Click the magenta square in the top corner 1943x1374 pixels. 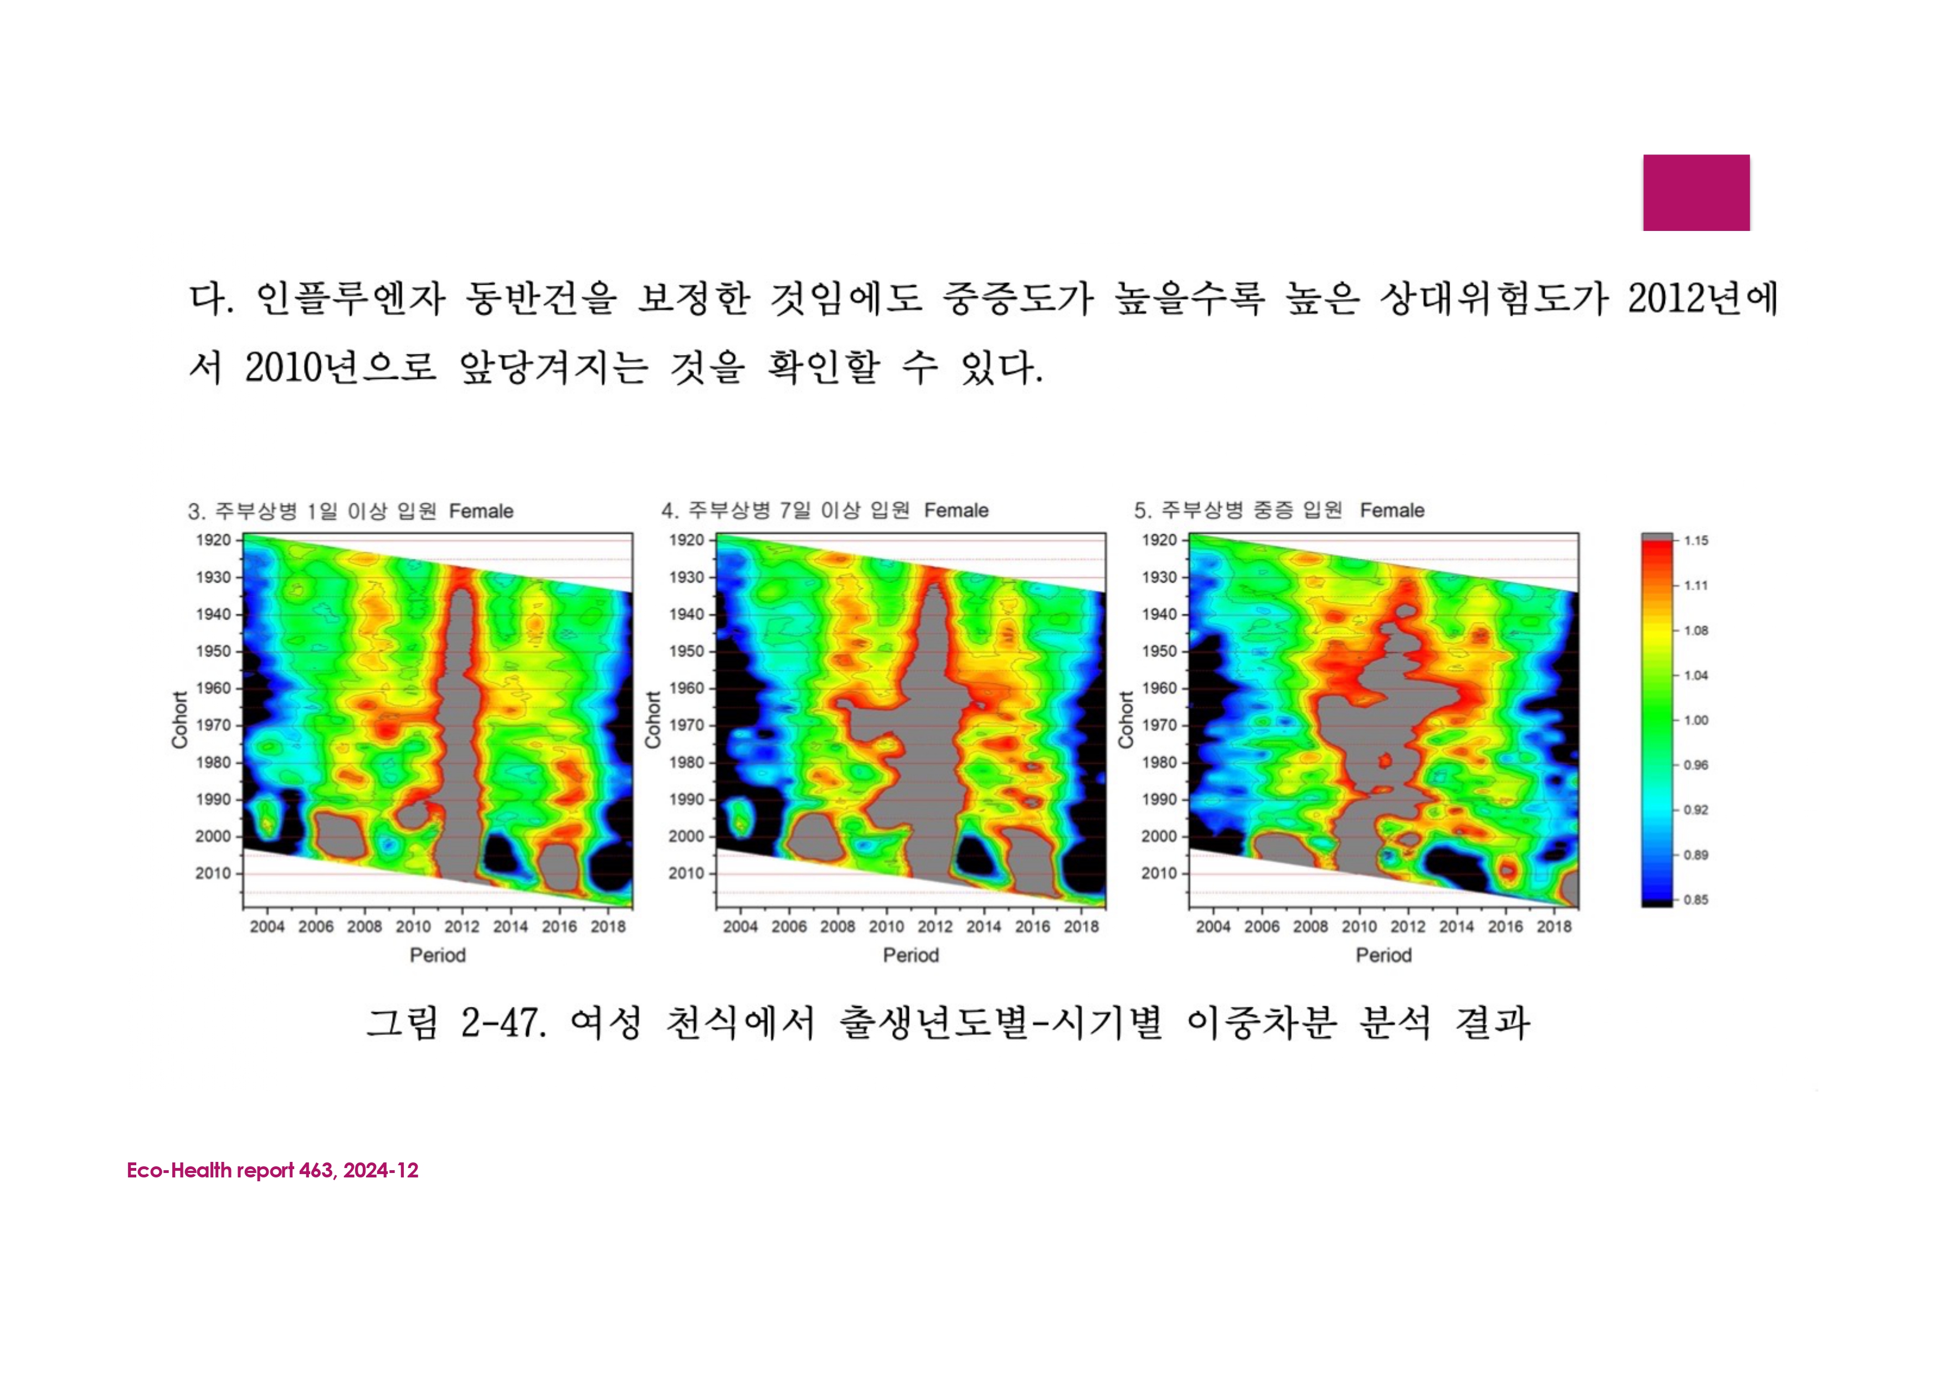click(x=1696, y=192)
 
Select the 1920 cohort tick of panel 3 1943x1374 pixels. click(x=213, y=540)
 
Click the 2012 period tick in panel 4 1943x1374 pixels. click(x=935, y=927)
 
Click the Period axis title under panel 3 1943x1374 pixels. click(x=438, y=955)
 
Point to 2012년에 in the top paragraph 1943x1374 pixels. click(x=1703, y=298)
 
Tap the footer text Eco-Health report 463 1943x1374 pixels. click(x=230, y=1170)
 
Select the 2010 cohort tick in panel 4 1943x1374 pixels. click(x=686, y=873)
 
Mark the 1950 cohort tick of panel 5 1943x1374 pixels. click(x=1159, y=651)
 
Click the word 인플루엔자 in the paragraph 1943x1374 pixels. click(x=351, y=298)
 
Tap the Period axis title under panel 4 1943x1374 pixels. click(x=911, y=955)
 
